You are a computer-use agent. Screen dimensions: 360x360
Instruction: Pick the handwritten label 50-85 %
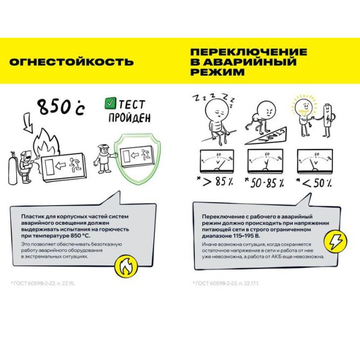(263, 182)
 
